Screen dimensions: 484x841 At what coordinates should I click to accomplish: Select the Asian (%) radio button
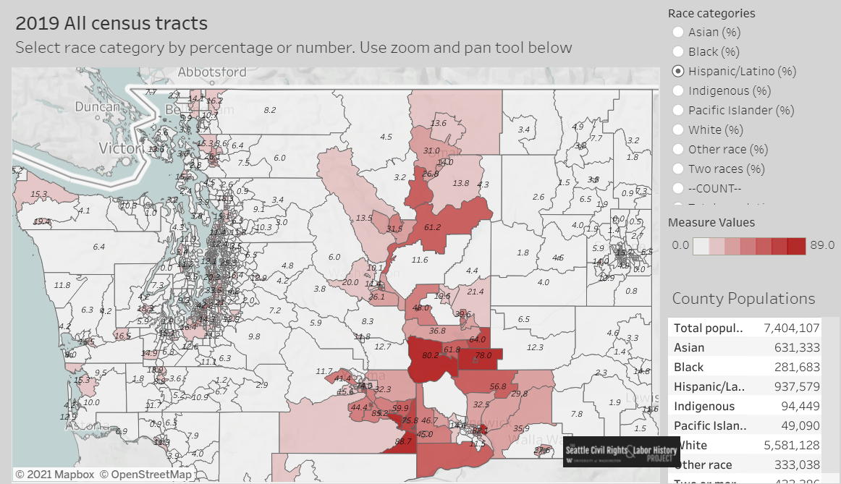(x=678, y=32)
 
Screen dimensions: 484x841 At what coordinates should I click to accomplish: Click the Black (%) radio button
(x=678, y=51)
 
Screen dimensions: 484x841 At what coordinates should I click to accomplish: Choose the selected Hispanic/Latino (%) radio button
(x=678, y=71)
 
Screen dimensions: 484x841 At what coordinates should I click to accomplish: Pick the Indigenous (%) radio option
(x=678, y=90)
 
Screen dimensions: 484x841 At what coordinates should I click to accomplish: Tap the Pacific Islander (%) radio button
(x=678, y=110)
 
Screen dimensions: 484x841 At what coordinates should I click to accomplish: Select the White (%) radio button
(x=678, y=130)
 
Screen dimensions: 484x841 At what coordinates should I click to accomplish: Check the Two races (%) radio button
(x=678, y=169)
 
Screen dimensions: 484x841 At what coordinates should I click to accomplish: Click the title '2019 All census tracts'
(x=111, y=23)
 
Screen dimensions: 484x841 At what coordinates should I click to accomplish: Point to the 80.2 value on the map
(x=431, y=355)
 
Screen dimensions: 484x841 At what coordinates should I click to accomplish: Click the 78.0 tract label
(x=483, y=355)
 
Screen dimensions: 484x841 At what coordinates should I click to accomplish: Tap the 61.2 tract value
(x=432, y=227)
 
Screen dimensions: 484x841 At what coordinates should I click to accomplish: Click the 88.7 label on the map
(x=403, y=441)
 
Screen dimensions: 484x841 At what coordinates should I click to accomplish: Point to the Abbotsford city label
(x=212, y=72)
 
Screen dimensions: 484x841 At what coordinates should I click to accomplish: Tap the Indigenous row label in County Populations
(x=704, y=407)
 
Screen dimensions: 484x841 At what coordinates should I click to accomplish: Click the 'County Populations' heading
(x=743, y=299)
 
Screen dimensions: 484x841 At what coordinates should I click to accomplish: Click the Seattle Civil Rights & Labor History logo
(x=621, y=451)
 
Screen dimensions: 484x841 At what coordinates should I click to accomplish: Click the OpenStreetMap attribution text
(x=146, y=475)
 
